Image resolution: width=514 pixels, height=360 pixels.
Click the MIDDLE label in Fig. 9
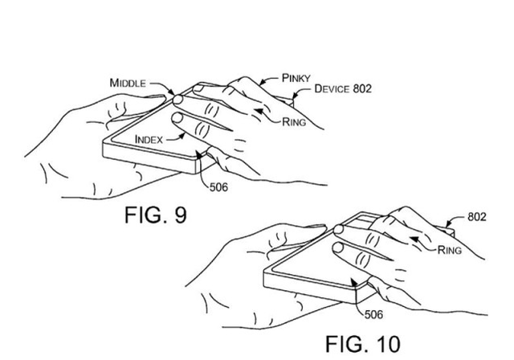coord(128,83)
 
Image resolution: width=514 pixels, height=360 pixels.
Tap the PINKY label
coord(296,78)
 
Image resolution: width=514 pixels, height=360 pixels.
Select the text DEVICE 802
coord(343,88)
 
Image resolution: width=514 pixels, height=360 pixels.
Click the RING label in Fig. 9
coord(294,122)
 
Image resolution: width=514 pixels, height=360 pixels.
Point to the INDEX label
coord(149,140)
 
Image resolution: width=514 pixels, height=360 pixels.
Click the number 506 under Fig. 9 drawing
coord(218,187)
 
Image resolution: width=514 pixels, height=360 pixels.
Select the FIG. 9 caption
coord(156,215)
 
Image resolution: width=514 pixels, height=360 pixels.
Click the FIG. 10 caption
coord(363,344)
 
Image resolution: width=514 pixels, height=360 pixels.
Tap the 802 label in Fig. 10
coord(476,217)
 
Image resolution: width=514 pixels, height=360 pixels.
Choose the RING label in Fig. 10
coord(450,250)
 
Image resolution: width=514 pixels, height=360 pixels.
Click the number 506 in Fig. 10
coord(373,314)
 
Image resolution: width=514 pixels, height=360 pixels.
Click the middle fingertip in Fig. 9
coord(177,100)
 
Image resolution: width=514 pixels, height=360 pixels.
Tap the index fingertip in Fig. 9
coord(177,117)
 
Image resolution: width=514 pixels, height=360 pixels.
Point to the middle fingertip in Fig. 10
coord(339,229)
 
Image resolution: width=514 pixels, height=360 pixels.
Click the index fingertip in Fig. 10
coord(338,247)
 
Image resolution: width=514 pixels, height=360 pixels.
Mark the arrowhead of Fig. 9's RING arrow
coord(259,111)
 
